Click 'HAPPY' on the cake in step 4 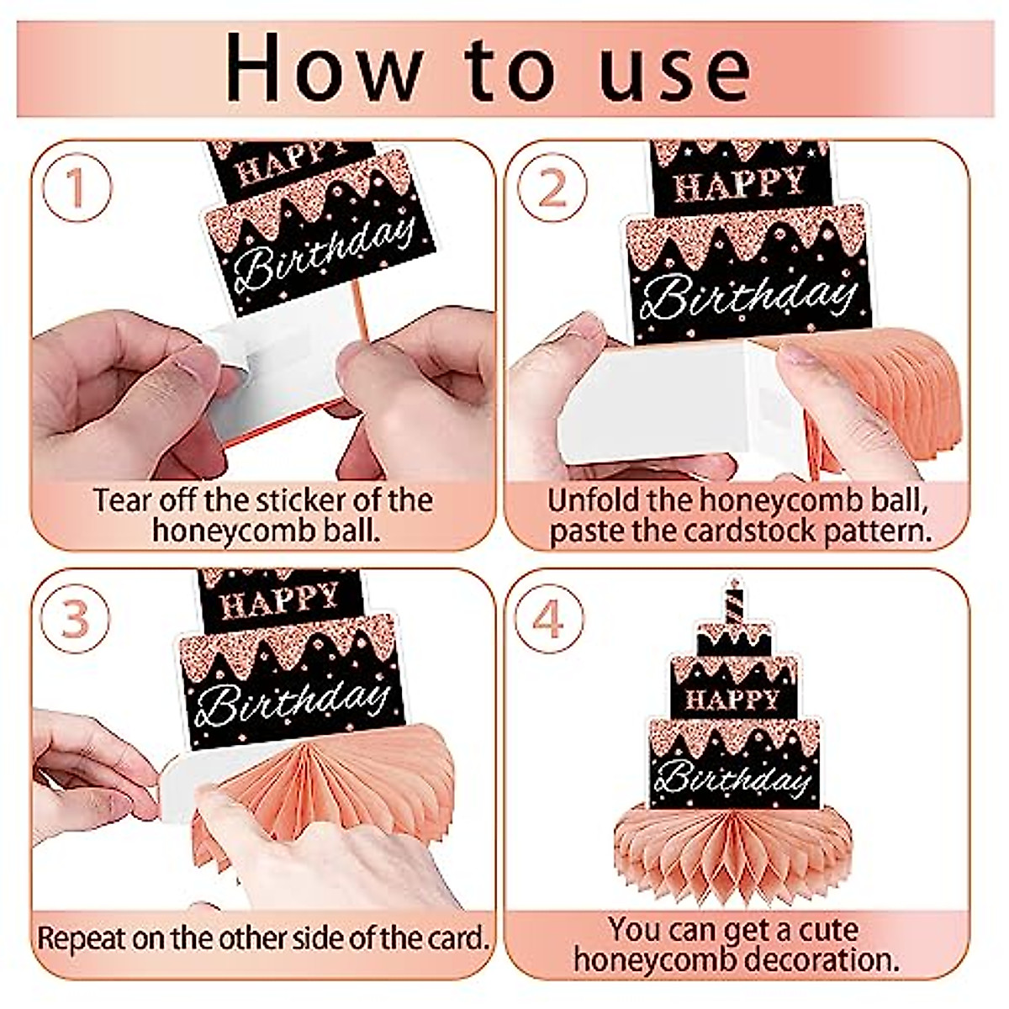[732, 700]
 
